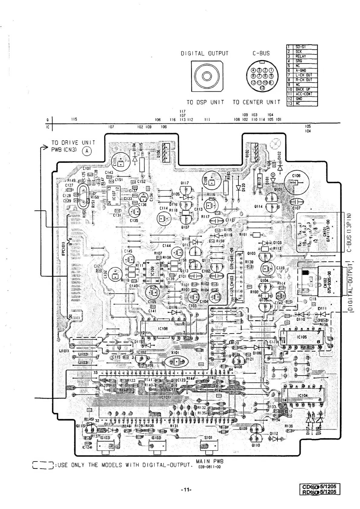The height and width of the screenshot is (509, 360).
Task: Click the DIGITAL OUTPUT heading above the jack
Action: point(204,54)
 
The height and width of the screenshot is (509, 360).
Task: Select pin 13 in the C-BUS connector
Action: point(262,88)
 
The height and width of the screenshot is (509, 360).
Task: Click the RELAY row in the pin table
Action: point(301,56)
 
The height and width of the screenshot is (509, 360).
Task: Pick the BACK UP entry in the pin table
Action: point(303,89)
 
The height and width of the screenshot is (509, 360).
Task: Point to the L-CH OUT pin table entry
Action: point(304,75)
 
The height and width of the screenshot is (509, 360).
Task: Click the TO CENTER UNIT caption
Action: point(256,102)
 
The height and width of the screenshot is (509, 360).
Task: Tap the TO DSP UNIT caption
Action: point(205,102)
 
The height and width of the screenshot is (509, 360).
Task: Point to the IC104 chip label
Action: point(303,396)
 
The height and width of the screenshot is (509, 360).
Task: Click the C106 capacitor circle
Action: point(296,183)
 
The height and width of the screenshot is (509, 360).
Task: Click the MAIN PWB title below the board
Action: point(209,462)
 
